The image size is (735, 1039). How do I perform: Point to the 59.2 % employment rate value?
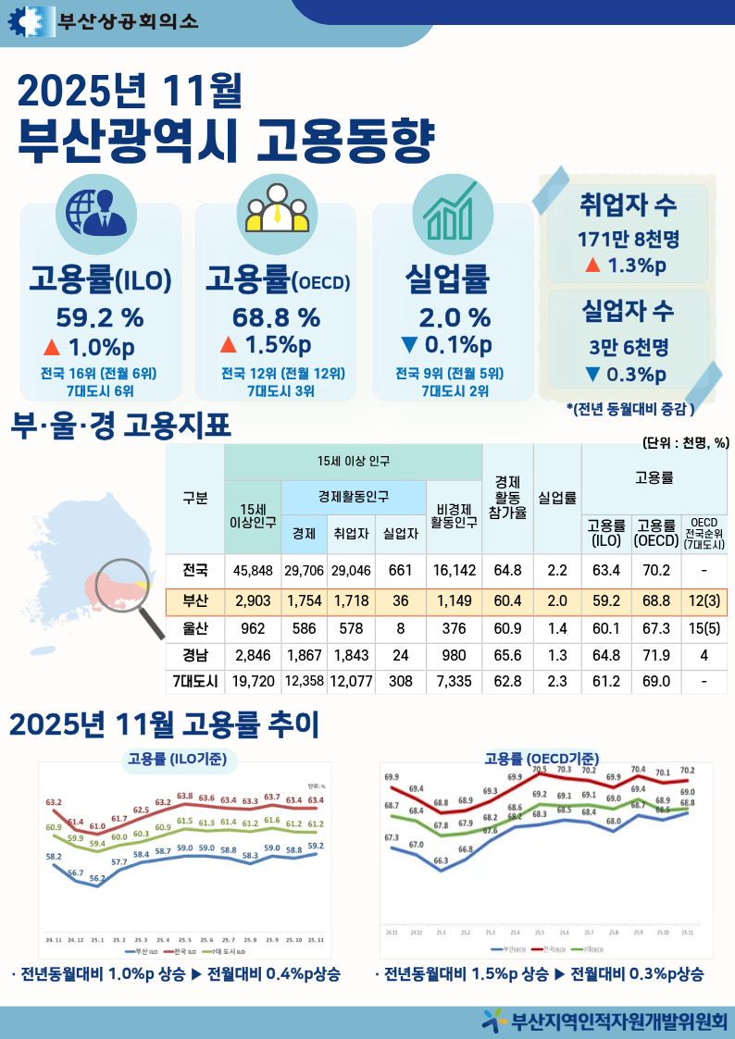coord(100,318)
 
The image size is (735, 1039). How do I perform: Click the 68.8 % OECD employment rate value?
coord(276,318)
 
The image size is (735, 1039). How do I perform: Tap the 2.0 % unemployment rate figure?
coord(454,318)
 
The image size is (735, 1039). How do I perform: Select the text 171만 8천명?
coord(628,239)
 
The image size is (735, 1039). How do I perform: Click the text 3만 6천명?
coord(628,347)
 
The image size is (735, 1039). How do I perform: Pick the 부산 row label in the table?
coord(195,601)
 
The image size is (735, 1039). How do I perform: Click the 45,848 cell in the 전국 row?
coord(252,570)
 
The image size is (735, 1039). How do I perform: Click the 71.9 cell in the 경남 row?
coord(655,655)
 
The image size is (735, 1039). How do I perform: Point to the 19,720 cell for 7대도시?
coord(252,682)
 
